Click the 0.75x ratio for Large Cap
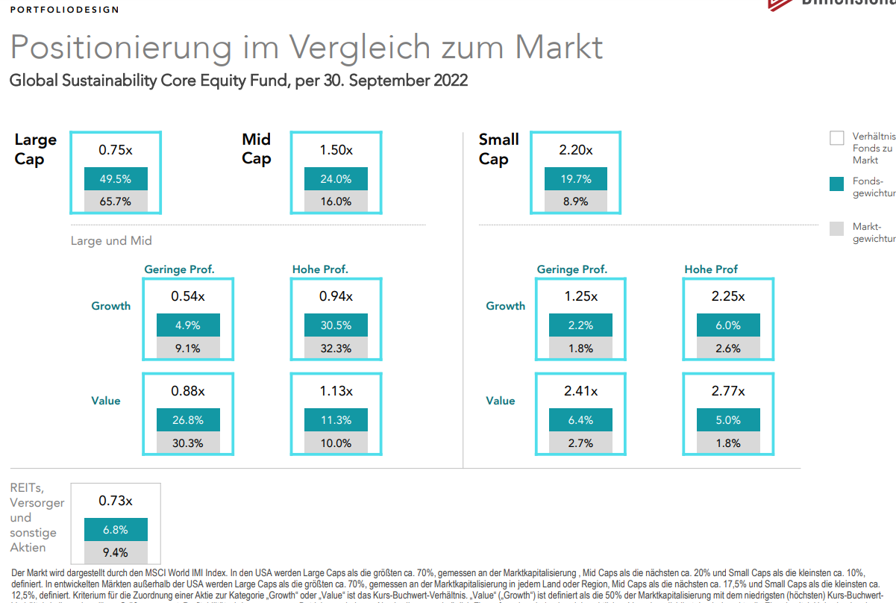coord(116,150)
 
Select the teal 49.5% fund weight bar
coord(116,179)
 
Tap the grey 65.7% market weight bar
coord(116,201)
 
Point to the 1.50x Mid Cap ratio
coord(336,150)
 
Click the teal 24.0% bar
coord(336,179)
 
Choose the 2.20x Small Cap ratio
coord(575,150)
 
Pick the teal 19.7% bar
coord(575,179)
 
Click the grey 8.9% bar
coord(575,201)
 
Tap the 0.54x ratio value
coord(188,296)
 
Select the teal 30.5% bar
coord(336,325)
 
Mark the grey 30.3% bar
coord(188,443)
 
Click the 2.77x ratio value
coord(727,390)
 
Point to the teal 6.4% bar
coord(580,420)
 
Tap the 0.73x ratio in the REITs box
coord(116,501)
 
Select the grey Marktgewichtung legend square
coord(837,229)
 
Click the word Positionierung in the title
coord(122,48)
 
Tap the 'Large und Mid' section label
coord(111,241)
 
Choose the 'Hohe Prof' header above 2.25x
coord(711,269)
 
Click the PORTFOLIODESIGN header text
coord(64,10)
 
